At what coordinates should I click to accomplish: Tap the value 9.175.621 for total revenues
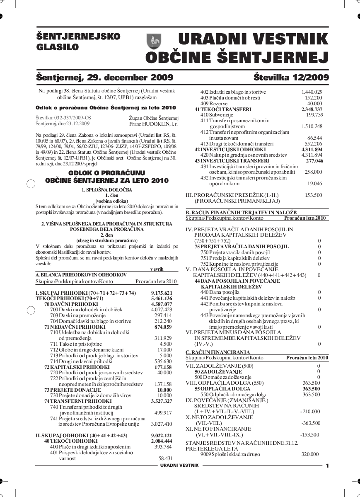pyautogui.click(x=162, y=293)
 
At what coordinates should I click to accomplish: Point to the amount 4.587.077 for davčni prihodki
pyautogui.click(x=162, y=304)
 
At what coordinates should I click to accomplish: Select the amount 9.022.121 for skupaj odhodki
pyautogui.click(x=162, y=436)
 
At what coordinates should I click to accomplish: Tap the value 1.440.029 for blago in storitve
pyautogui.click(x=312, y=92)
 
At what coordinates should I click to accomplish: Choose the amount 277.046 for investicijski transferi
pyautogui.click(x=314, y=160)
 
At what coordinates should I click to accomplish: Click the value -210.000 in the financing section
pyautogui.click(x=310, y=412)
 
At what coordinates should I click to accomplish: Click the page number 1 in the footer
pyautogui.click(x=327, y=466)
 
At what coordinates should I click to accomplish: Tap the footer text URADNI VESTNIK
pyautogui.click(x=179, y=465)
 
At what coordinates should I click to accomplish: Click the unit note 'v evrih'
pyautogui.click(x=157, y=269)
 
